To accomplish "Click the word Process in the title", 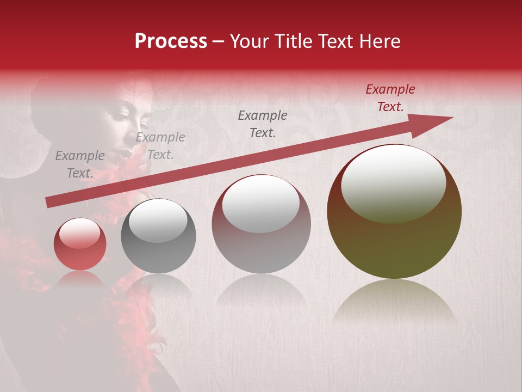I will (171, 41).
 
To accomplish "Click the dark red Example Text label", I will (390, 98).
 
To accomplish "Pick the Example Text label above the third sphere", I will (263, 124).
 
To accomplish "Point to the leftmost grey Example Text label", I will (80, 164).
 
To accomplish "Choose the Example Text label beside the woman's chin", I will (160, 146).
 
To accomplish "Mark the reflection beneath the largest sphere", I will (394, 302).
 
